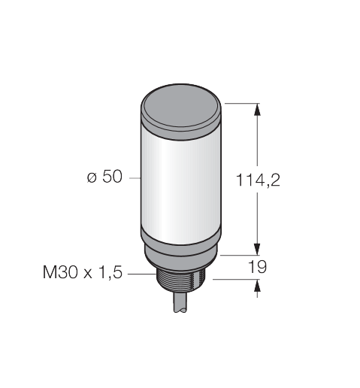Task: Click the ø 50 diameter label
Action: tap(104, 177)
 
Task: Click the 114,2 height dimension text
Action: tap(258, 180)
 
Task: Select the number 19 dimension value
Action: tap(257, 267)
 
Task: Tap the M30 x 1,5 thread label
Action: tap(83, 272)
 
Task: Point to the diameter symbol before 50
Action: tap(92, 177)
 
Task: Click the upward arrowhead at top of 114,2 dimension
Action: tap(257, 110)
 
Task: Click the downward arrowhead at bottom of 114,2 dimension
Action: tap(257, 249)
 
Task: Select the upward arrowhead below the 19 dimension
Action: tap(257, 286)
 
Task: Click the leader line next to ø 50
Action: tap(135, 178)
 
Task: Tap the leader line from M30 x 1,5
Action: tap(142, 274)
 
